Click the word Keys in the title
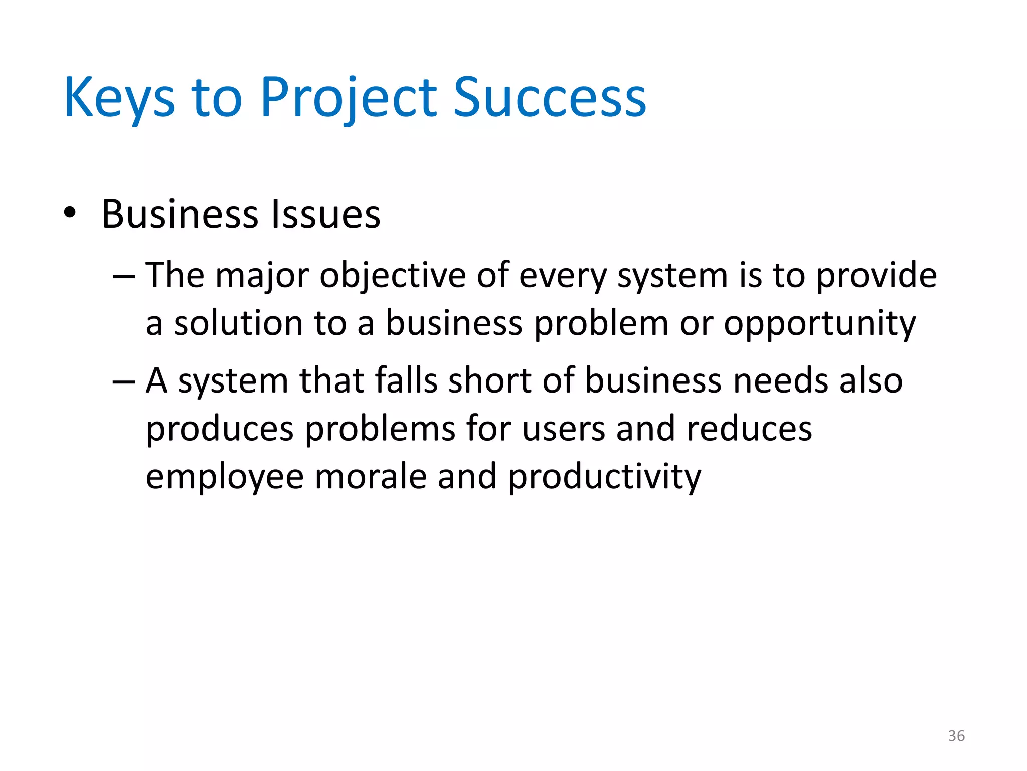tap(119, 98)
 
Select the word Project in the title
tap(349, 98)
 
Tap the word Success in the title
tap(550, 98)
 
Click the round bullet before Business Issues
tap(70, 213)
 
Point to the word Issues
tap(325, 215)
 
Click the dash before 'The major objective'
tap(124, 276)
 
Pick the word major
tap(262, 276)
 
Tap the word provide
tap(877, 276)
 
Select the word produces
tap(220, 430)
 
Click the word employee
tap(225, 477)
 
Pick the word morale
tap(371, 477)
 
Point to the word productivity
tap(604, 477)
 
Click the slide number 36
tap(956, 736)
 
